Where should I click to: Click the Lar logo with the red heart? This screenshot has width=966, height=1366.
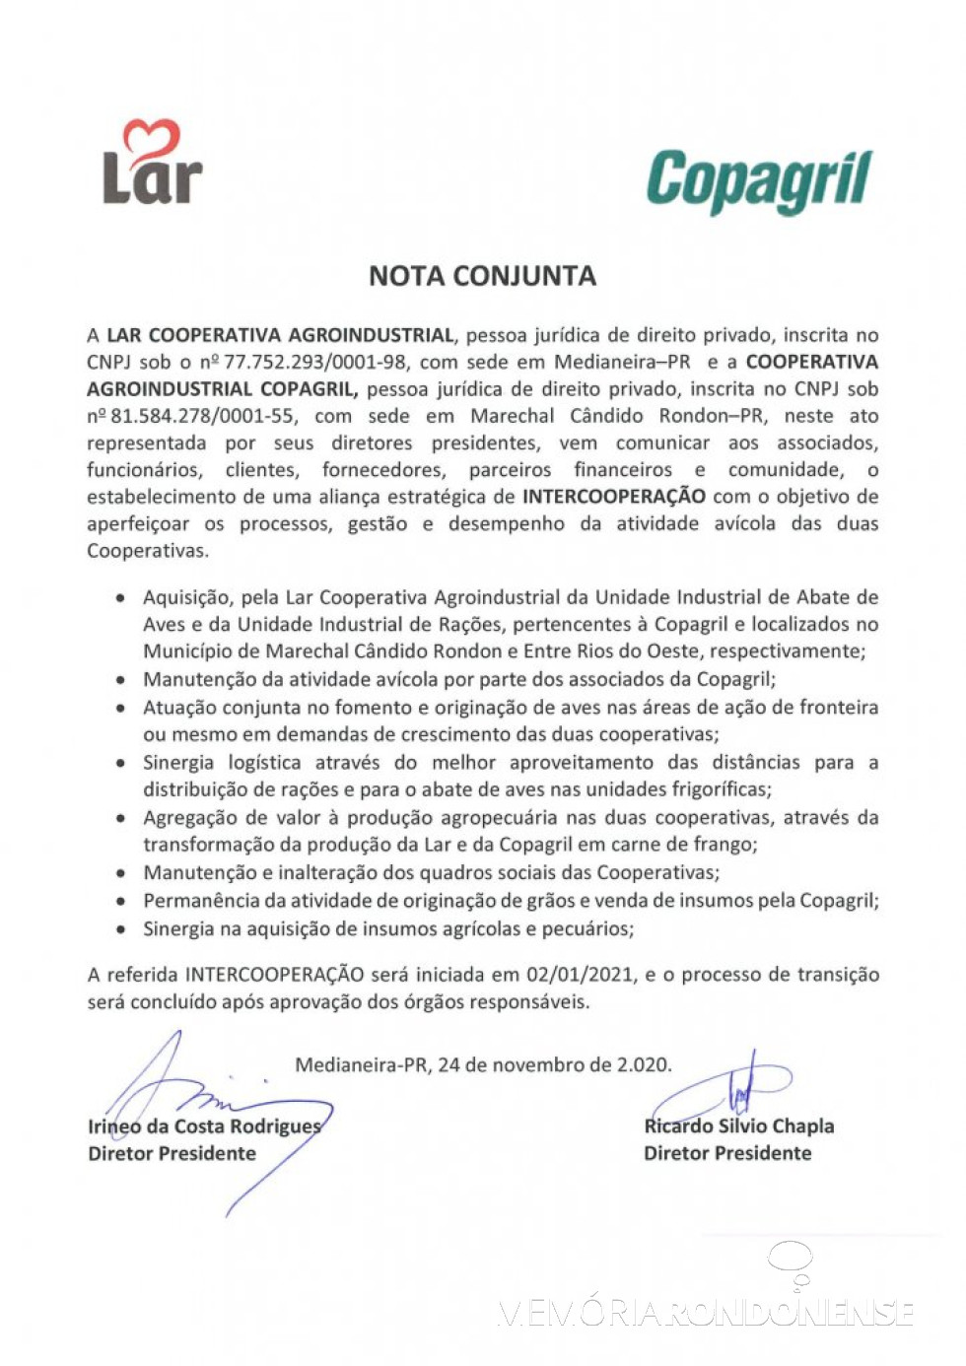(152, 164)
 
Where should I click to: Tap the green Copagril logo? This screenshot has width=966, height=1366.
(758, 181)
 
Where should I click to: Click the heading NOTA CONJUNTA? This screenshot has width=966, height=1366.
(482, 276)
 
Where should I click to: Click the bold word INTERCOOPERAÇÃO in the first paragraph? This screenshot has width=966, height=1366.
(613, 497)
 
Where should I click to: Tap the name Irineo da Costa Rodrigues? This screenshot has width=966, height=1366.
(204, 1127)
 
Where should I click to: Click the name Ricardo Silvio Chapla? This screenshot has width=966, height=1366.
(738, 1127)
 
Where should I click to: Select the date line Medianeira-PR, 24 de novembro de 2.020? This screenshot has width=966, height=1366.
(483, 1064)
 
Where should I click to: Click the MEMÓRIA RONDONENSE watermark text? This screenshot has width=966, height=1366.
(706, 1313)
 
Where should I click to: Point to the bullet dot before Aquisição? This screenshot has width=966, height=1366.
(120, 598)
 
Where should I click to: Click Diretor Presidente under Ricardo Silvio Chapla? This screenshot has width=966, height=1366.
(727, 1153)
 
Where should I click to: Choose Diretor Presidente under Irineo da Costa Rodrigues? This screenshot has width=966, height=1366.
(172, 1153)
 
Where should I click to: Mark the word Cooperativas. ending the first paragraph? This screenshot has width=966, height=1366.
(147, 551)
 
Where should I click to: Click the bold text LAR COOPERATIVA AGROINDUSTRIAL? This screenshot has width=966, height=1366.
(281, 335)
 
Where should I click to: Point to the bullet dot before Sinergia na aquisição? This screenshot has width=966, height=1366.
(120, 929)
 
